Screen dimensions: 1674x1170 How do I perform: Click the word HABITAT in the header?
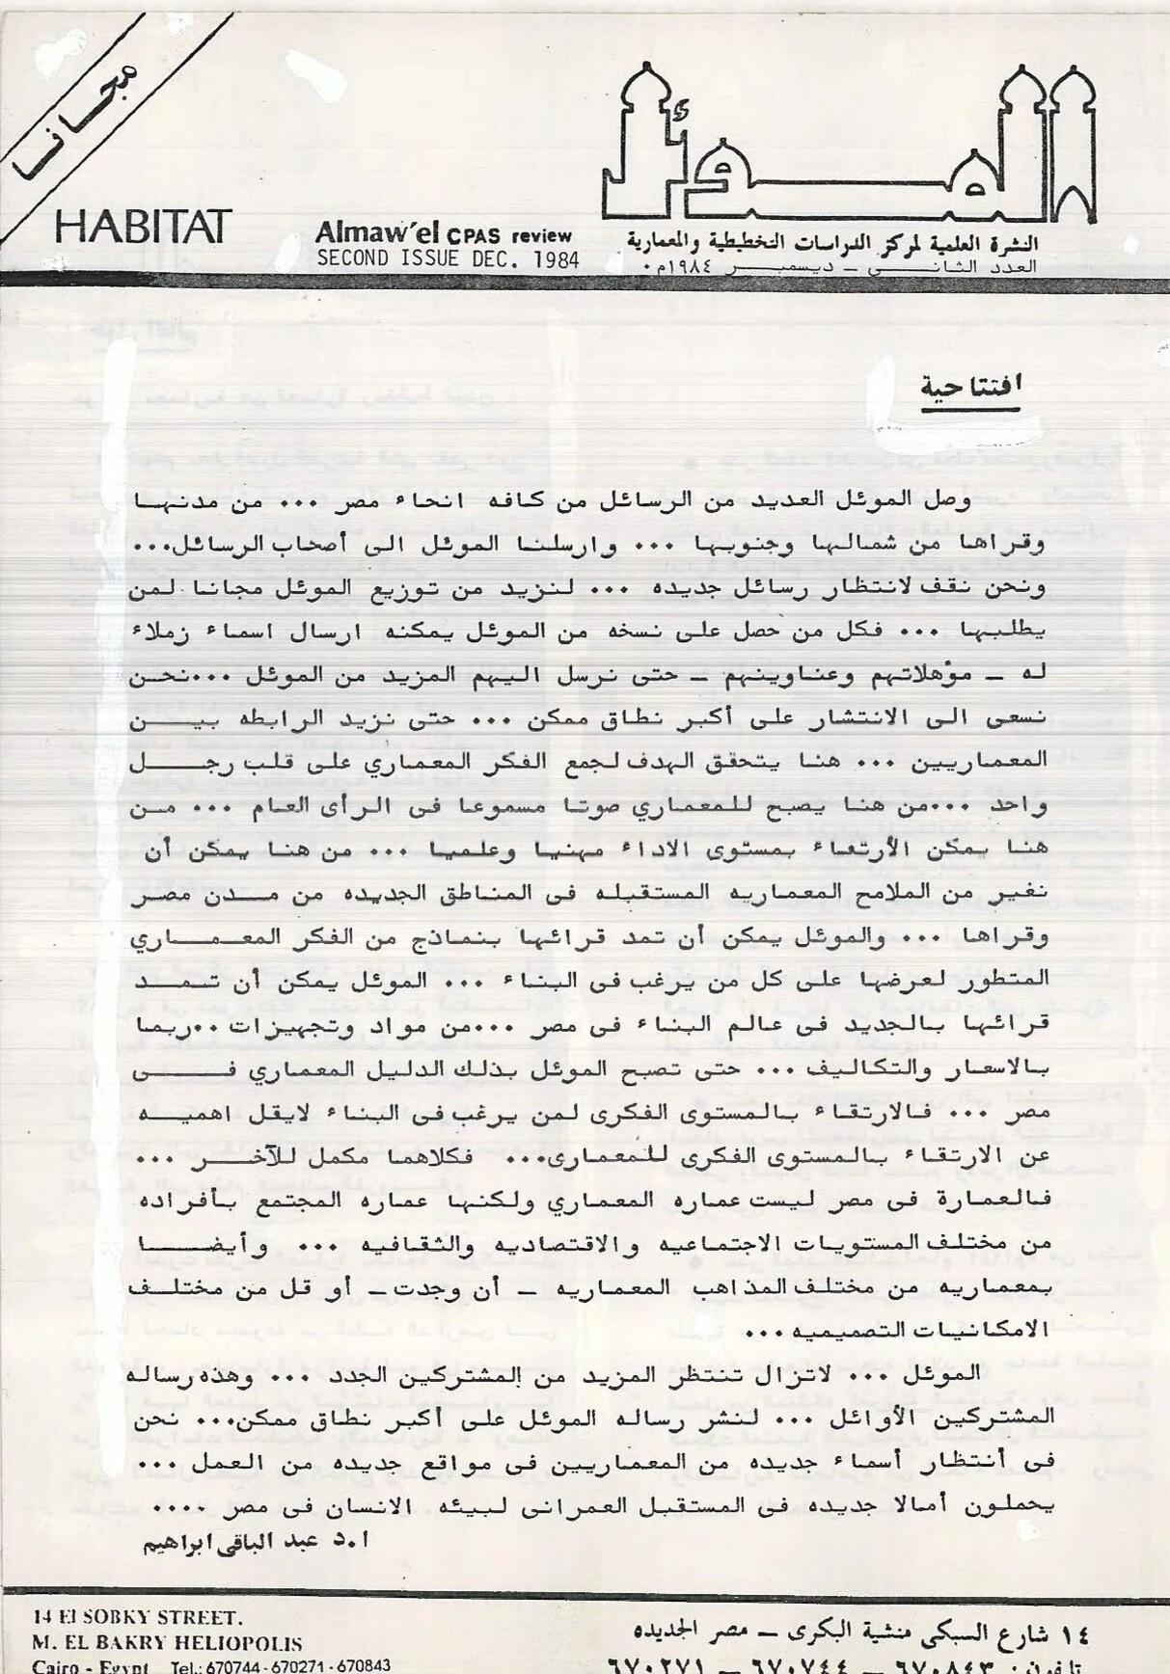pyautogui.click(x=144, y=227)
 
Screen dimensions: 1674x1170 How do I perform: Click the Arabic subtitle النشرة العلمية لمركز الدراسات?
pyautogui.click(x=835, y=238)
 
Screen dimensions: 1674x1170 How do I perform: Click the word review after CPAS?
pyautogui.click(x=542, y=236)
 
